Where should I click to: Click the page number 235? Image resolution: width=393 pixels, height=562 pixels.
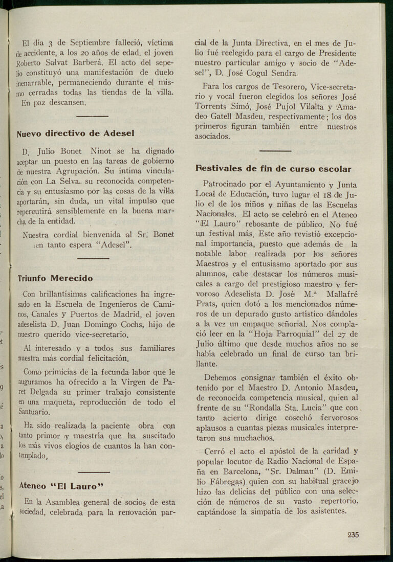[x=353, y=535]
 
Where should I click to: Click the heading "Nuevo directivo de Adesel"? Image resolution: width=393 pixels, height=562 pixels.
[x=76, y=133]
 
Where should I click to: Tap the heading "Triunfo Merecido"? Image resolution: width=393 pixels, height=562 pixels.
[x=55, y=279]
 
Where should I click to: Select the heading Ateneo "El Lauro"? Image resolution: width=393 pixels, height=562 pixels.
[x=61, y=486]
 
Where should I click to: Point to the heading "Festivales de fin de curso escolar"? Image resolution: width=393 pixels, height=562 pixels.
[x=273, y=169]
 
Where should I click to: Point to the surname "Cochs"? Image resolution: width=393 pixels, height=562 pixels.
[x=132, y=325]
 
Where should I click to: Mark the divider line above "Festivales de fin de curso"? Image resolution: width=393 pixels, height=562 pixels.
[x=275, y=151]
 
